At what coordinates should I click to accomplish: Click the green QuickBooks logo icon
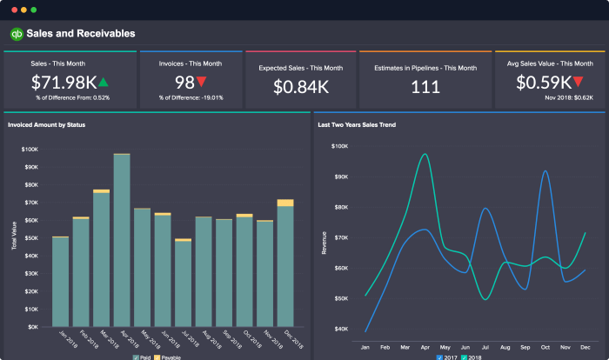point(16,34)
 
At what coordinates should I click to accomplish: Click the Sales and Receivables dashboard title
point(80,34)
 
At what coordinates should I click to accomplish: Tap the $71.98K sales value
point(63,83)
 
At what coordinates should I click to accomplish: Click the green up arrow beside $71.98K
point(104,83)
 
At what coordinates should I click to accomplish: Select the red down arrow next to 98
point(201,83)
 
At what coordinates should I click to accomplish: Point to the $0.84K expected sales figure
point(302,86)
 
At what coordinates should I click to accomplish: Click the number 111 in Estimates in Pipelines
point(425,86)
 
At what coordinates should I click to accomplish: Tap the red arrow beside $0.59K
point(578,83)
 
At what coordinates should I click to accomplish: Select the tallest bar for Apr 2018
point(122,239)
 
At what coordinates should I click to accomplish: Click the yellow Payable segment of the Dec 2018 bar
point(285,203)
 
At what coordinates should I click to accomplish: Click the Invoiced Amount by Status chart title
point(46,124)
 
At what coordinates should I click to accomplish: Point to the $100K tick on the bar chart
point(30,149)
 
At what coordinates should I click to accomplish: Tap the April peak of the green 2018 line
point(425,155)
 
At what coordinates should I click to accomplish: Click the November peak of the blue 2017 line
point(545,171)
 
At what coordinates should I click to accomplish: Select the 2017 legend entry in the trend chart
point(446,357)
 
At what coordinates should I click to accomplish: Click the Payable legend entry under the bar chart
point(168,357)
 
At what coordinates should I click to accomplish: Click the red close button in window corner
point(11,10)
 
